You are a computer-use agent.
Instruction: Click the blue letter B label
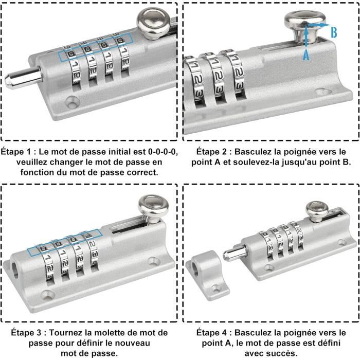point(334,32)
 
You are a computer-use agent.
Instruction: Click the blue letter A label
point(306,55)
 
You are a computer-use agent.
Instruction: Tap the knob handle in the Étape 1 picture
point(153,23)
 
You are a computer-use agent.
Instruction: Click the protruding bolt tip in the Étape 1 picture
point(23,77)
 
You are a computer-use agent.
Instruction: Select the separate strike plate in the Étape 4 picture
point(207,275)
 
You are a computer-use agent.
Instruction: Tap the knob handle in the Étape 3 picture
point(153,209)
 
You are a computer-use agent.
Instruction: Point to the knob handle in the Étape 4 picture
point(317,211)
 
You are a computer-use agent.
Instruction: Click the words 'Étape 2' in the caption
point(210,152)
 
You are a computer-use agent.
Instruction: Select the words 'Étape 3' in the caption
point(26,332)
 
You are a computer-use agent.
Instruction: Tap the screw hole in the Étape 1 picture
point(73,102)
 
